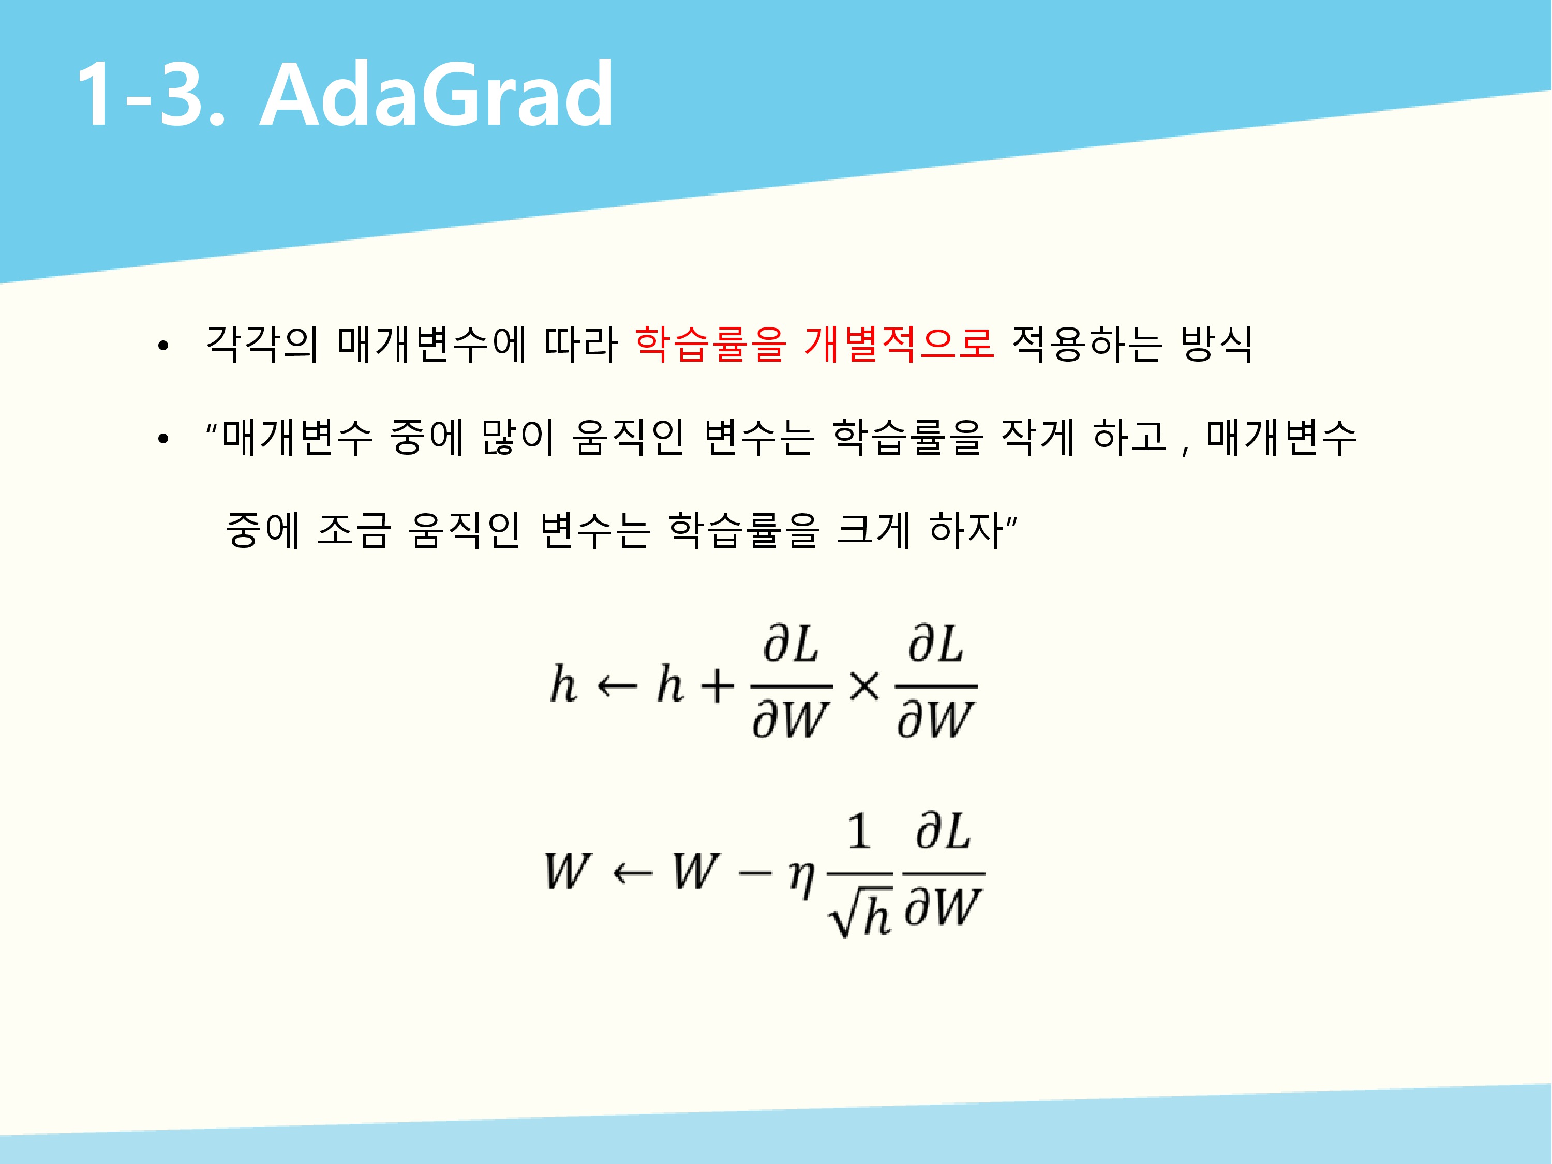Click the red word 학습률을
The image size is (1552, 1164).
click(x=710, y=345)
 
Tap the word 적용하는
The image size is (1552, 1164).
click(x=1087, y=345)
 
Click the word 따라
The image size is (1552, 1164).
click(x=581, y=345)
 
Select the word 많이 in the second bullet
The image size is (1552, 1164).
click(x=518, y=437)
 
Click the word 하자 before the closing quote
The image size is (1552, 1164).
click(x=966, y=530)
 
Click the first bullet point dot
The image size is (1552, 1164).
click(x=163, y=346)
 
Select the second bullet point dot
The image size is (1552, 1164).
click(x=163, y=439)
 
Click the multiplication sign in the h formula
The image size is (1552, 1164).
click(x=864, y=685)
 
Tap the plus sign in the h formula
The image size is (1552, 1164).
click(x=717, y=685)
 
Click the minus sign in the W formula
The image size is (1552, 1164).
click(x=755, y=874)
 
